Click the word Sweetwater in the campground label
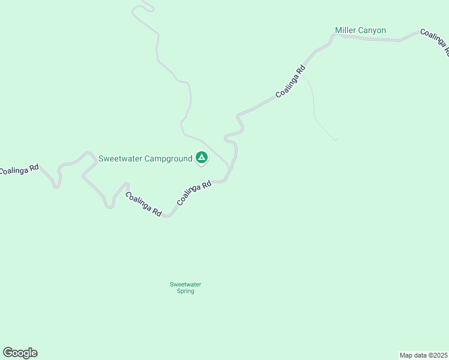click(x=119, y=158)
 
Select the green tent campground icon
click(x=202, y=158)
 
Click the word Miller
click(x=346, y=30)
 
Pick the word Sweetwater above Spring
click(x=185, y=284)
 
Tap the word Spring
click(x=185, y=292)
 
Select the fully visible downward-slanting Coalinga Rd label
click(x=143, y=204)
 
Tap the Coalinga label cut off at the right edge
click(x=434, y=41)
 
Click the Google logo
click(x=20, y=353)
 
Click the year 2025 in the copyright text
click(x=440, y=355)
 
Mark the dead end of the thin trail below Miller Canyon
click(x=336, y=140)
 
